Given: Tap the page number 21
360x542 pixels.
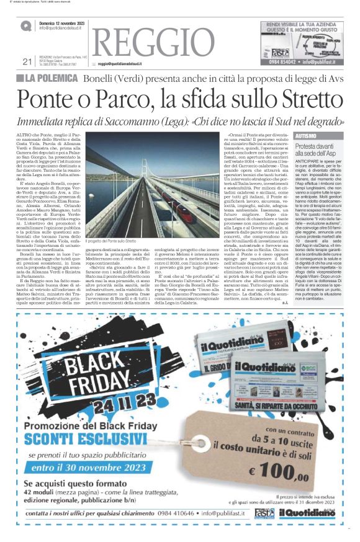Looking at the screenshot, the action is click(27, 61).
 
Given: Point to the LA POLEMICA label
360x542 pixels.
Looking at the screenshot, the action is click(52, 79).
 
